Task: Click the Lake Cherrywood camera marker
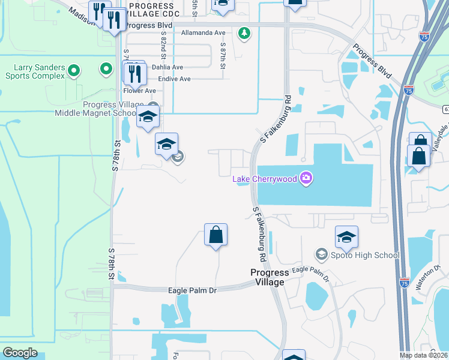[307, 177]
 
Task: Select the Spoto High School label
[365, 255]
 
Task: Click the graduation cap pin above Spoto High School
[346, 238]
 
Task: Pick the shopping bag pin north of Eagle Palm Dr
[215, 235]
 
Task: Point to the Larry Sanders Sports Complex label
[35, 71]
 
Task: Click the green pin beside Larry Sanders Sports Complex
[74, 71]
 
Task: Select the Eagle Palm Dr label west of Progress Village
[192, 290]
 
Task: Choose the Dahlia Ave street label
[167, 67]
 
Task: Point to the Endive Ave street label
[174, 79]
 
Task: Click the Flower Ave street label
[139, 91]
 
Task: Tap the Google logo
[20, 352]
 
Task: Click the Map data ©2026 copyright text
[423, 355]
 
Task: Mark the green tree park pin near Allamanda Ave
[244, 34]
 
